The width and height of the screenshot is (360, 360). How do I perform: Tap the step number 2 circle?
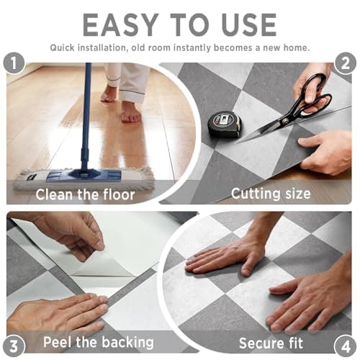343,63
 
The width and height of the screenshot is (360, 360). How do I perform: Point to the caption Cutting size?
270,193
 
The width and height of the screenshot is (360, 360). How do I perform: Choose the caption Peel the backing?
98,341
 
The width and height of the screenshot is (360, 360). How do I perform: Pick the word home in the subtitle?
294,48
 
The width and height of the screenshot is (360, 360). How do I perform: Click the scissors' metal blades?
266,130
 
